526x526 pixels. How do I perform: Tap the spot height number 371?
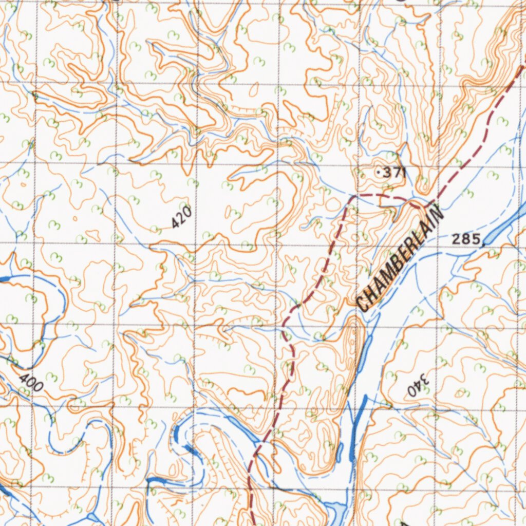395,173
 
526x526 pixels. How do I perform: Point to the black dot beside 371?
379,173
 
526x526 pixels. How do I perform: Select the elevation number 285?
466,238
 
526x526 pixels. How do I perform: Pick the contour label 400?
31,383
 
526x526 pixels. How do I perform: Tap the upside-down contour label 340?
418,384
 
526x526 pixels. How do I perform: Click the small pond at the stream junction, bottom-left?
93,516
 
